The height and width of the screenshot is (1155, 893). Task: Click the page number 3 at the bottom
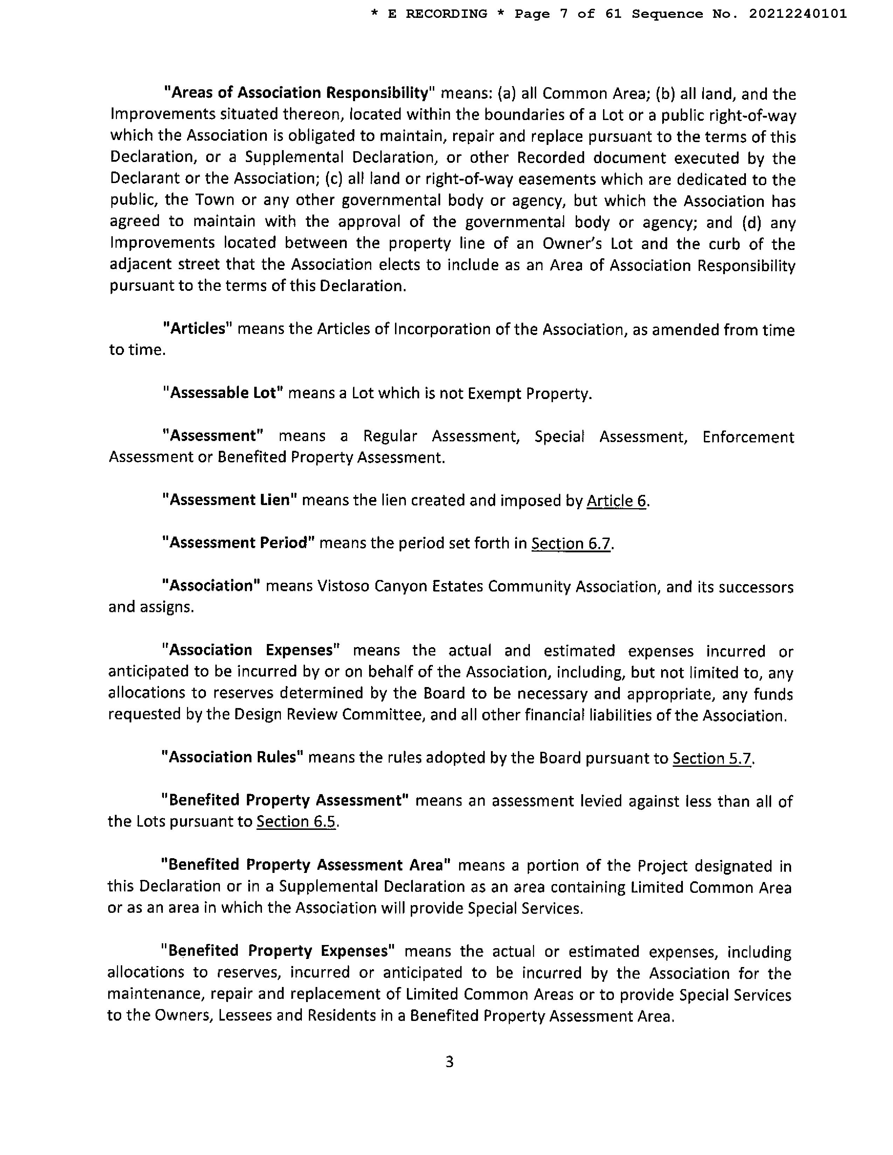[449, 1062]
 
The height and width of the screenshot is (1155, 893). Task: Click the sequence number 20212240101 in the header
[798, 14]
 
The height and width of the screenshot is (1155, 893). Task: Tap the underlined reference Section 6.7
[572, 543]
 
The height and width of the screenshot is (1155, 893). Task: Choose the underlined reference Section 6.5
[296, 821]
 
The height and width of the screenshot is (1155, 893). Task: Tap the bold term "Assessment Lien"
[230, 500]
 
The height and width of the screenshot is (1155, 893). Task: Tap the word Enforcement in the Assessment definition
[748, 437]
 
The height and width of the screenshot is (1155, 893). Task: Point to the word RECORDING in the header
[446, 14]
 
